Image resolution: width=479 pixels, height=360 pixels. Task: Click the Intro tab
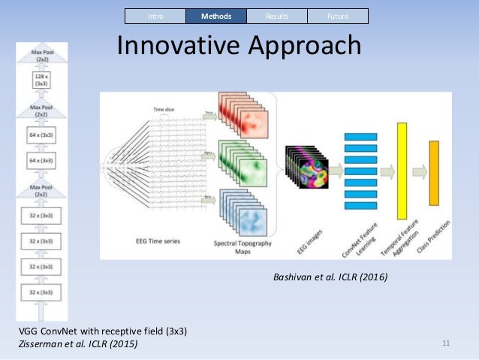tap(155, 16)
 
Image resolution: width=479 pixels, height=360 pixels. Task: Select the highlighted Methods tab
tap(215, 16)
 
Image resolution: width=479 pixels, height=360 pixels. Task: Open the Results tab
tap(276, 16)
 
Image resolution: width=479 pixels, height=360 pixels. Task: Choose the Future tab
tap(337, 16)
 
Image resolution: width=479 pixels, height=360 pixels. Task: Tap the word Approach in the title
tap(304, 46)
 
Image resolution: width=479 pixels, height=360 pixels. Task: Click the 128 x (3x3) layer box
tap(41, 80)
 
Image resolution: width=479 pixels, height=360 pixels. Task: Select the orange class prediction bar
tap(433, 173)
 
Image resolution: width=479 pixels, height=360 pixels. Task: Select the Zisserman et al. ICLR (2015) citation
tap(78, 343)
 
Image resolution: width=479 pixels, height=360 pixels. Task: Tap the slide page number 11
tap(446, 343)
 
